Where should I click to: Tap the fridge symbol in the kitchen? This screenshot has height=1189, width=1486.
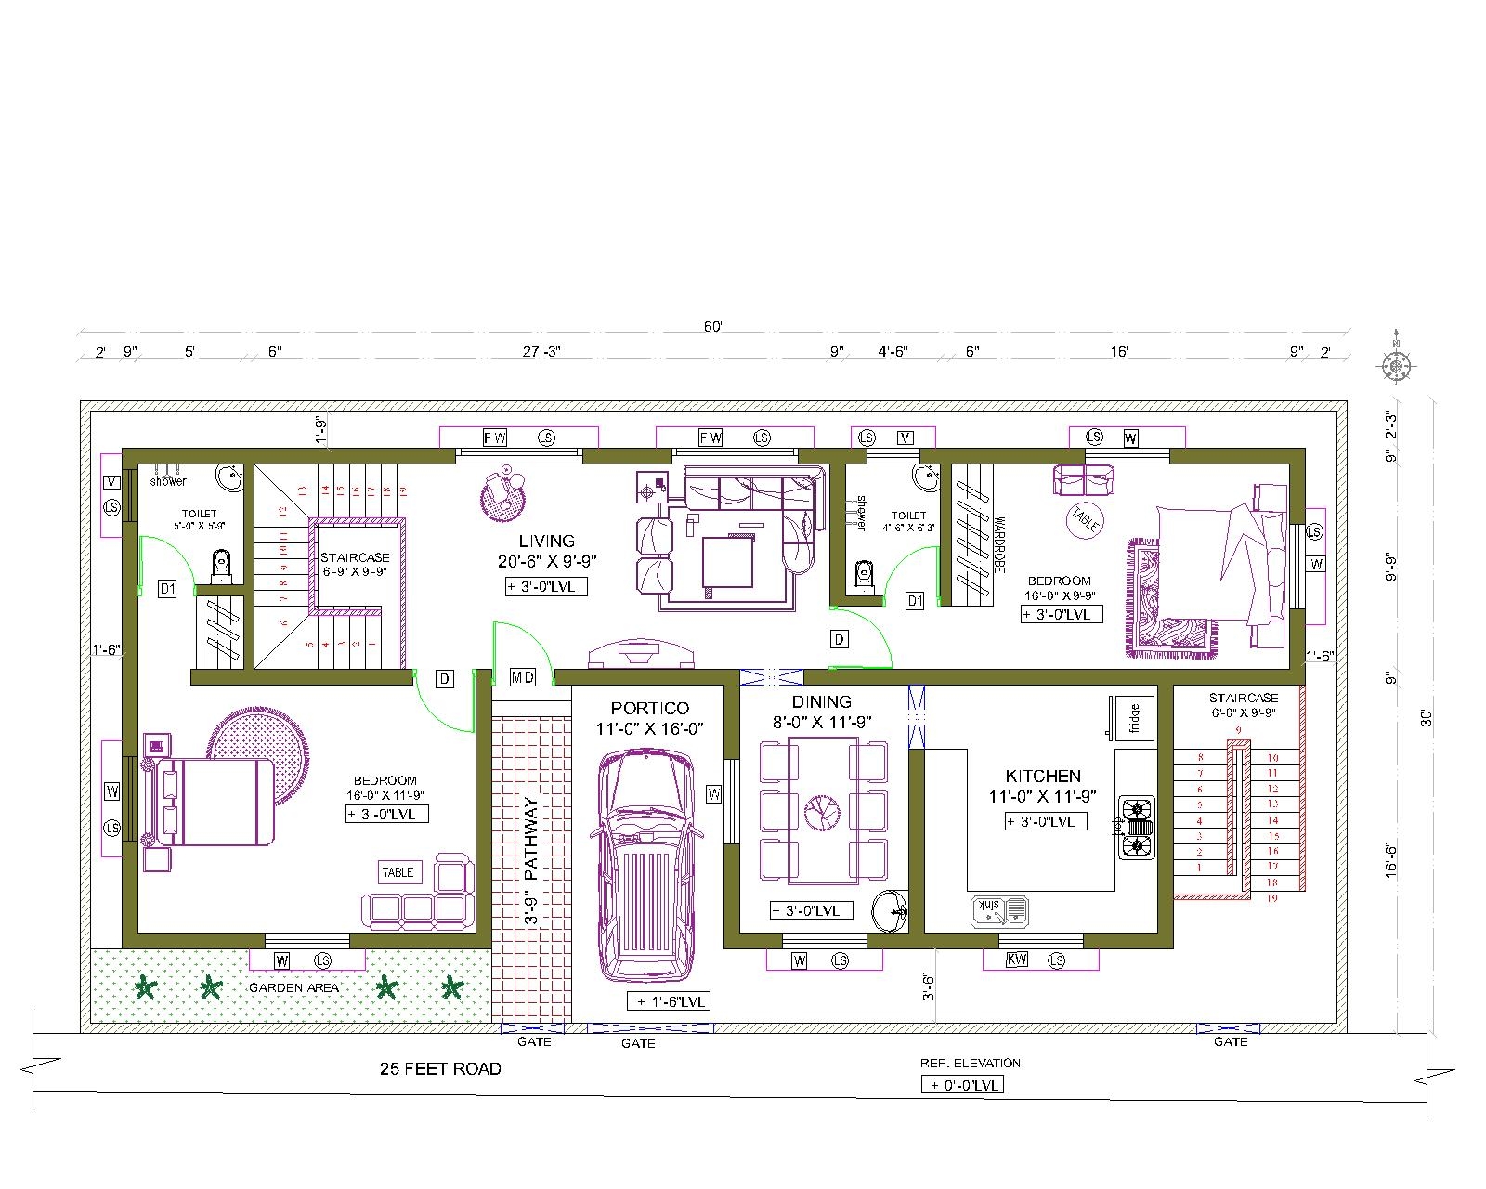[x=1125, y=718]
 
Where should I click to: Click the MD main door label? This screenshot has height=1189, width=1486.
[x=523, y=678]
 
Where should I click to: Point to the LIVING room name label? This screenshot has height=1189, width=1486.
[x=546, y=541]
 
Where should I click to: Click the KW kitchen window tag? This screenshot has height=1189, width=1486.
[x=1017, y=960]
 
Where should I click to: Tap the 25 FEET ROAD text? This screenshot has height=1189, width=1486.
[x=440, y=1069]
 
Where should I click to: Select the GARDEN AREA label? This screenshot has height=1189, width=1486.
[x=293, y=987]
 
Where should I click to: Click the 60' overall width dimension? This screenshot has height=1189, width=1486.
[x=712, y=327]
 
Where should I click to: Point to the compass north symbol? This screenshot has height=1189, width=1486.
[x=1396, y=367]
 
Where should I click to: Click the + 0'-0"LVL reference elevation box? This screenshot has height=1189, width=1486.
[x=962, y=1084]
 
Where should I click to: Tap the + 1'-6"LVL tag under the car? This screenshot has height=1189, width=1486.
[x=669, y=1001]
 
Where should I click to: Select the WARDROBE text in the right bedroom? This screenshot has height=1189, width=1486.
[x=999, y=545]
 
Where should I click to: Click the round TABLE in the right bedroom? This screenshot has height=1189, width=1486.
[x=1084, y=517]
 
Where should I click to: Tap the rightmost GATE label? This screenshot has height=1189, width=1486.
[x=1231, y=1042]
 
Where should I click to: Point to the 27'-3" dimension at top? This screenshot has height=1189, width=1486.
[x=541, y=352]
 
